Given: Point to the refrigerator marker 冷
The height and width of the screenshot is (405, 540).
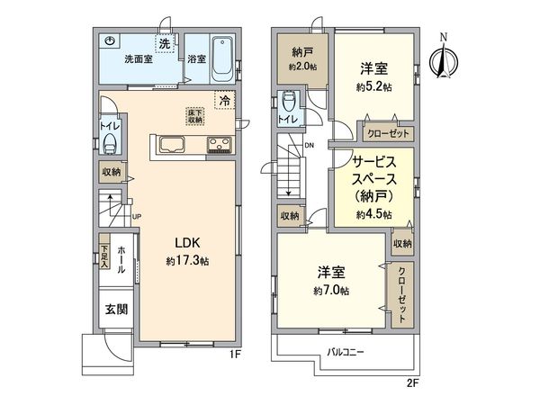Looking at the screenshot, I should (x=221, y=100).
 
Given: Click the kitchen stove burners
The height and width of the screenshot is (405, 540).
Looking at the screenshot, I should (x=219, y=145).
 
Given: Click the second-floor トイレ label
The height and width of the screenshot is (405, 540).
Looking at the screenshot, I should (x=289, y=118).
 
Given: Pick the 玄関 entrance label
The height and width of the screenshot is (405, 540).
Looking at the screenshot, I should (x=109, y=310).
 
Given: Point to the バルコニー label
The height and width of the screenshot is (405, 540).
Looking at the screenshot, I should (x=346, y=352).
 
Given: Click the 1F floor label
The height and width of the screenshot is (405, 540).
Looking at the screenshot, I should (x=233, y=354).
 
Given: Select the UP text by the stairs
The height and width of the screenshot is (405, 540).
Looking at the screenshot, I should (x=136, y=217).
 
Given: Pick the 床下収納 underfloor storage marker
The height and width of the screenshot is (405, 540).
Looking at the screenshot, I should (x=193, y=115).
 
